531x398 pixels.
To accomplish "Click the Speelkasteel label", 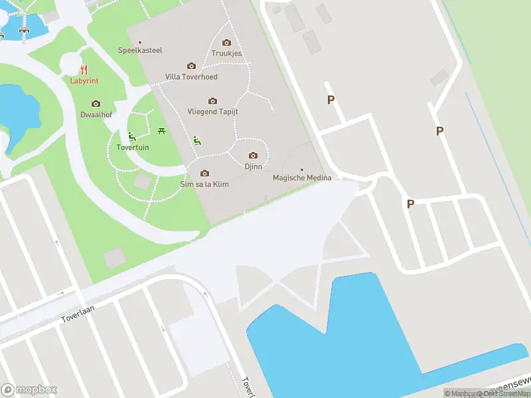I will point(139,50).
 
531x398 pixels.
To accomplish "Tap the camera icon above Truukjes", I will point(226,42).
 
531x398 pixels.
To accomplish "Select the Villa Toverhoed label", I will point(191,77).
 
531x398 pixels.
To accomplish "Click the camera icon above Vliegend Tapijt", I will point(212,101).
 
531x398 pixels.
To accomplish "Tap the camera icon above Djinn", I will point(252,156).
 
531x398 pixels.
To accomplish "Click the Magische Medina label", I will point(302,178).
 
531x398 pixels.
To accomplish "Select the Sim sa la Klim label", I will point(204,184).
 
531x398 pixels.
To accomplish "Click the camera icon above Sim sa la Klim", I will point(204,173).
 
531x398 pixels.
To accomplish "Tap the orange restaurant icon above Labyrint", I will point(84,69).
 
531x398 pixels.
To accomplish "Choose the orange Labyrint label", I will point(84,81).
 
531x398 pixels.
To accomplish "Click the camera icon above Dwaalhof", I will point(96,103).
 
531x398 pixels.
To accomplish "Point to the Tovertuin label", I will point(133,147).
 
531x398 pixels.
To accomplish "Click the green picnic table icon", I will point(161,131).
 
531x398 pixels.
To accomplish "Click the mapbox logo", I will point(29,390).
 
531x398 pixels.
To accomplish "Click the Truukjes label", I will point(226,54).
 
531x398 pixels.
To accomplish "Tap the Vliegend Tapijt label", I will point(212,111).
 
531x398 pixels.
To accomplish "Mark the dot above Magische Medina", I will point(302,169).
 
